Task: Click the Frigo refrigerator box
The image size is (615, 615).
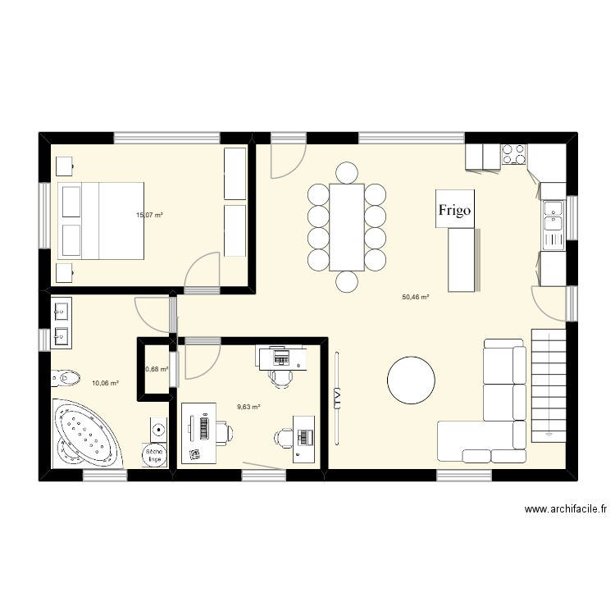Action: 454,210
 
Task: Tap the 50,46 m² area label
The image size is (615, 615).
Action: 416,298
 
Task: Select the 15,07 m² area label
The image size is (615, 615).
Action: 149,216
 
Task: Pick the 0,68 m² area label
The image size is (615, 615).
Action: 157,370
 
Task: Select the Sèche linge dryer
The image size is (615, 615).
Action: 153,455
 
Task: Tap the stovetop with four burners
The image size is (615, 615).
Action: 514,155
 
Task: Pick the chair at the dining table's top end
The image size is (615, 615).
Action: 346,173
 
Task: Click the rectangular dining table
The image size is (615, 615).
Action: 346,227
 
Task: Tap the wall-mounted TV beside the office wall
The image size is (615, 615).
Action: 336,396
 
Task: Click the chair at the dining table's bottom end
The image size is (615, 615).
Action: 346,281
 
